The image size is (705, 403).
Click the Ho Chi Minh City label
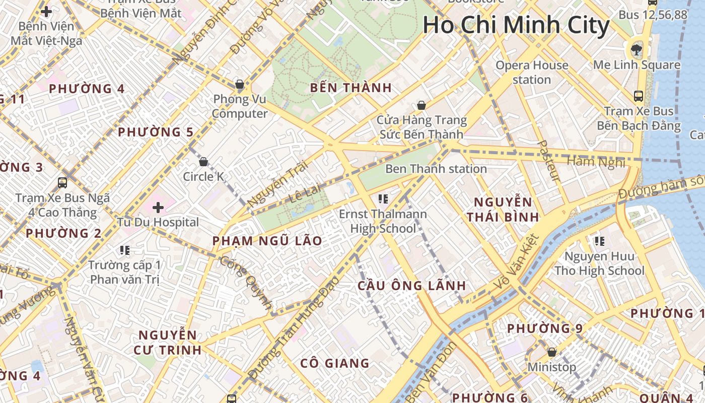point(516,25)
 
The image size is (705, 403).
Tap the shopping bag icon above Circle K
point(203,162)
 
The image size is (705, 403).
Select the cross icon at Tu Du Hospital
point(158,207)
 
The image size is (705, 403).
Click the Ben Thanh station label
point(436,169)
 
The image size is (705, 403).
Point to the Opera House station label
point(532,73)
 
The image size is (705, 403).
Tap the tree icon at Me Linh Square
point(637,49)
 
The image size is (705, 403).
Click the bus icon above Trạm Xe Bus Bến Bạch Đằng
point(638,96)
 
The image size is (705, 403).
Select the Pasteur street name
point(548,161)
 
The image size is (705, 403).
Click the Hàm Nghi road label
point(596,162)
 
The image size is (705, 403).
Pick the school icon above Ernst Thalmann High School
point(383,199)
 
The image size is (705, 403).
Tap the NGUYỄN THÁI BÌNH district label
point(503,210)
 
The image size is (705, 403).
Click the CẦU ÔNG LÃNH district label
point(412,286)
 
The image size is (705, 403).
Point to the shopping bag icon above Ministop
point(552,352)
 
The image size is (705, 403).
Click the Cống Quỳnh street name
point(246,282)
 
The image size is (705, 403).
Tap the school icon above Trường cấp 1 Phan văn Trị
point(125,250)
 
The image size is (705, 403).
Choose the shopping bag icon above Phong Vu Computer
point(240,84)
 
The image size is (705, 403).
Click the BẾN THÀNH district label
point(350,88)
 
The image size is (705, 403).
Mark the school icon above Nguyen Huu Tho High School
point(599,241)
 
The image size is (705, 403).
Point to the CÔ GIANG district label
point(335,363)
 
